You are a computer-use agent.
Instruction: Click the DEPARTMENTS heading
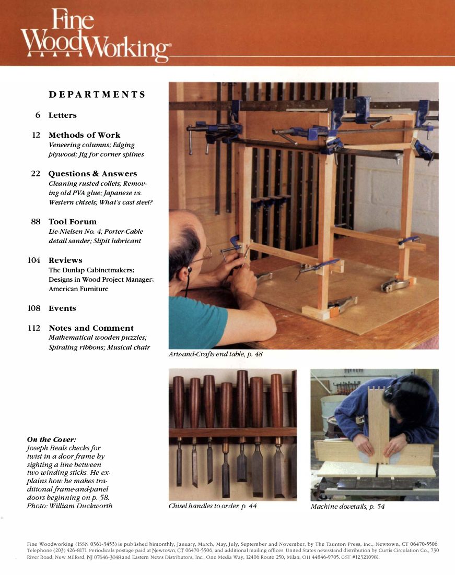97,94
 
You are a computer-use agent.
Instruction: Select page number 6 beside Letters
38,115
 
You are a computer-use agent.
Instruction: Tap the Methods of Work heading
84,135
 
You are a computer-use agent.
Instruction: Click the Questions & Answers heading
92,174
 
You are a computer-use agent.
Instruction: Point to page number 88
36,222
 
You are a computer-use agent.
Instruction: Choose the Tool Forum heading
72,222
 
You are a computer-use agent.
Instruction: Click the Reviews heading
65,260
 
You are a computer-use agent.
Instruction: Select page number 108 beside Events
33,308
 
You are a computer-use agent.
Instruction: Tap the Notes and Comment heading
91,328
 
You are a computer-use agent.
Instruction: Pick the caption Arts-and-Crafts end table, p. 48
215,354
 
